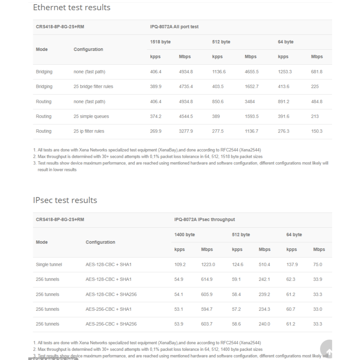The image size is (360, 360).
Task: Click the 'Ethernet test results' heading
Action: [72, 7]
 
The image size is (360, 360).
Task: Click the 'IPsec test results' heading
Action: [65, 200]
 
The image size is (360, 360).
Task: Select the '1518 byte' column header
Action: [160, 42]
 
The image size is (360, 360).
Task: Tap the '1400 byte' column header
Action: [185, 234]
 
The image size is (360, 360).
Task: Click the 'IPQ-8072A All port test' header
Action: [174, 27]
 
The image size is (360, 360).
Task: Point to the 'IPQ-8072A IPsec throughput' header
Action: [205, 219]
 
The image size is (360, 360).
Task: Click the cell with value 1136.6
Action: [219, 72]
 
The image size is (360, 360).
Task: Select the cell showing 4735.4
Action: [186, 86]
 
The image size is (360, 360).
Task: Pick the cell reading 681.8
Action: [316, 72]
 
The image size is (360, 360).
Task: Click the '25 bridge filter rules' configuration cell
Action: [93, 86]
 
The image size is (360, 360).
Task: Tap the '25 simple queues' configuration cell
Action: [91, 116]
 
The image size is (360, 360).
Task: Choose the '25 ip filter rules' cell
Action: [89, 131]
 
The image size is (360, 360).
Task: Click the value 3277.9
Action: [186, 131]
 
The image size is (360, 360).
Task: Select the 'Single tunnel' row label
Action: [49, 264]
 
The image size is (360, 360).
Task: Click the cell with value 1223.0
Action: [208, 264]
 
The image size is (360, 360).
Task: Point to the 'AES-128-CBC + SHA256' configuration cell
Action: [111, 294]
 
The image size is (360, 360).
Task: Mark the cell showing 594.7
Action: [207, 309]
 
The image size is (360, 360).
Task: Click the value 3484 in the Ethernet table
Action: [250, 102]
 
